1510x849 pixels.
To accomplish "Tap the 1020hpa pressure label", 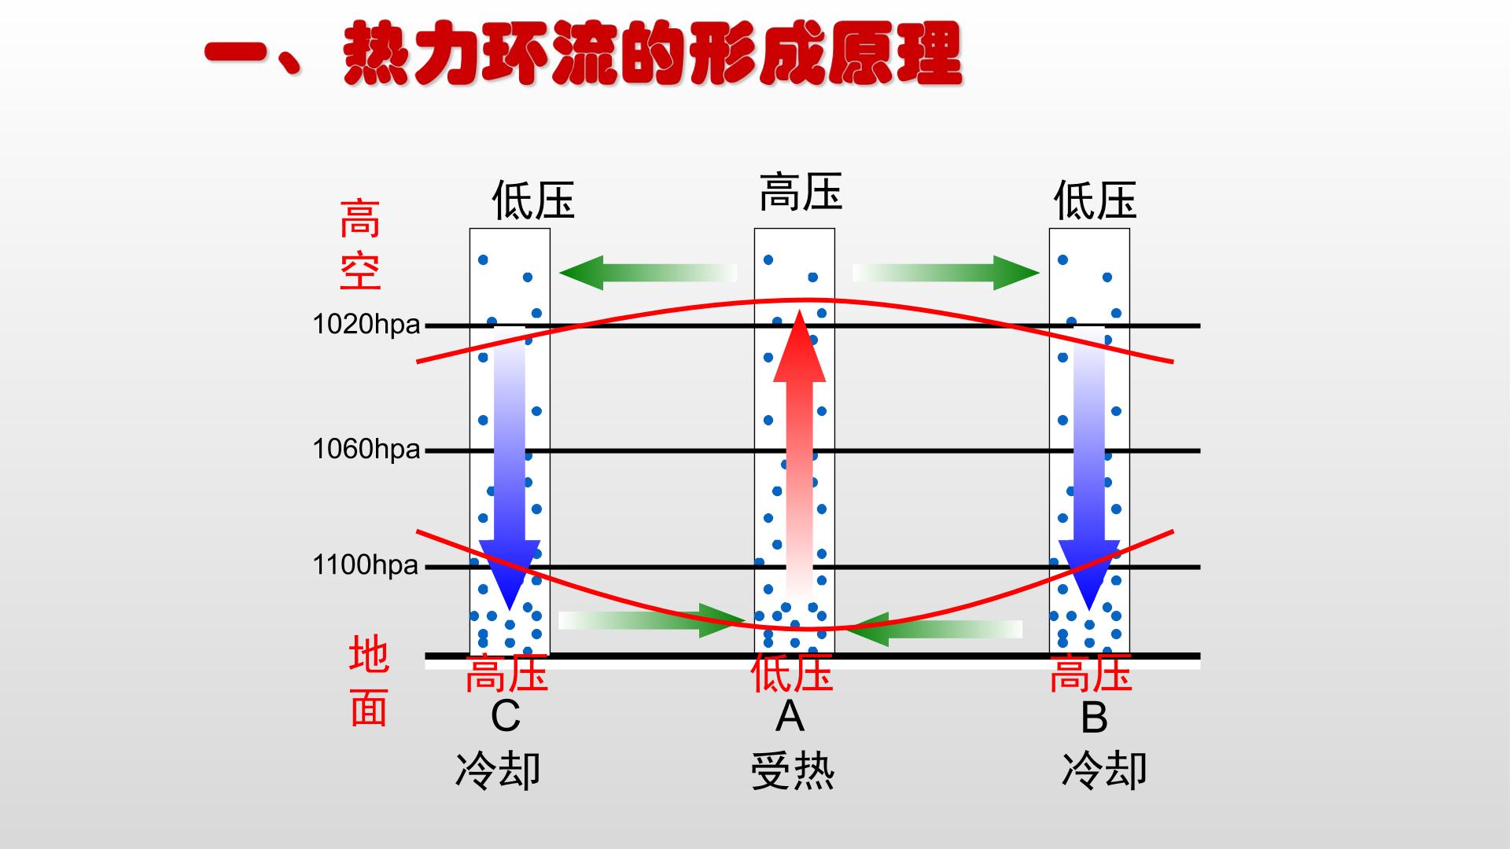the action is [x=366, y=324].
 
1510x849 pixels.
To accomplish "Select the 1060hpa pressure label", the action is [x=366, y=449].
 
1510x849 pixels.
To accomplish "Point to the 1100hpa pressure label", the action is [x=366, y=564].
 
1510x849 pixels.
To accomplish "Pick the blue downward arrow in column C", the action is [x=510, y=468].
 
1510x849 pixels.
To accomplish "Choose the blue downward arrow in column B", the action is [x=1089, y=468].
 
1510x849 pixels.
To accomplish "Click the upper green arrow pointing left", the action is [x=648, y=273].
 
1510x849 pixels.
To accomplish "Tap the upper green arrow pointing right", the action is [x=946, y=273].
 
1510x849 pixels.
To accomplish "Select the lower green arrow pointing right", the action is [x=652, y=620].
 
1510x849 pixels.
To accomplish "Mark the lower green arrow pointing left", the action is [x=934, y=629].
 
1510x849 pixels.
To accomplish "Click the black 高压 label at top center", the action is [x=801, y=193].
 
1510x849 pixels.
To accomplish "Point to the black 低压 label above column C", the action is [x=533, y=200].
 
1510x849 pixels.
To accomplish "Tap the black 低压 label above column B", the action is [x=1095, y=200].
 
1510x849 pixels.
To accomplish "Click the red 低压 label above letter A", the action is [x=791, y=674].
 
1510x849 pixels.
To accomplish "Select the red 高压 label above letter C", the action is [x=506, y=674].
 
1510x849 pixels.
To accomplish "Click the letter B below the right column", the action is [x=1094, y=717].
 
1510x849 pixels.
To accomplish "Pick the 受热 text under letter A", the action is [x=793, y=770].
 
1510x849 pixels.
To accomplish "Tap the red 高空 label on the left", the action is [x=360, y=244].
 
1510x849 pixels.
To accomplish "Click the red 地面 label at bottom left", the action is [x=369, y=681].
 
